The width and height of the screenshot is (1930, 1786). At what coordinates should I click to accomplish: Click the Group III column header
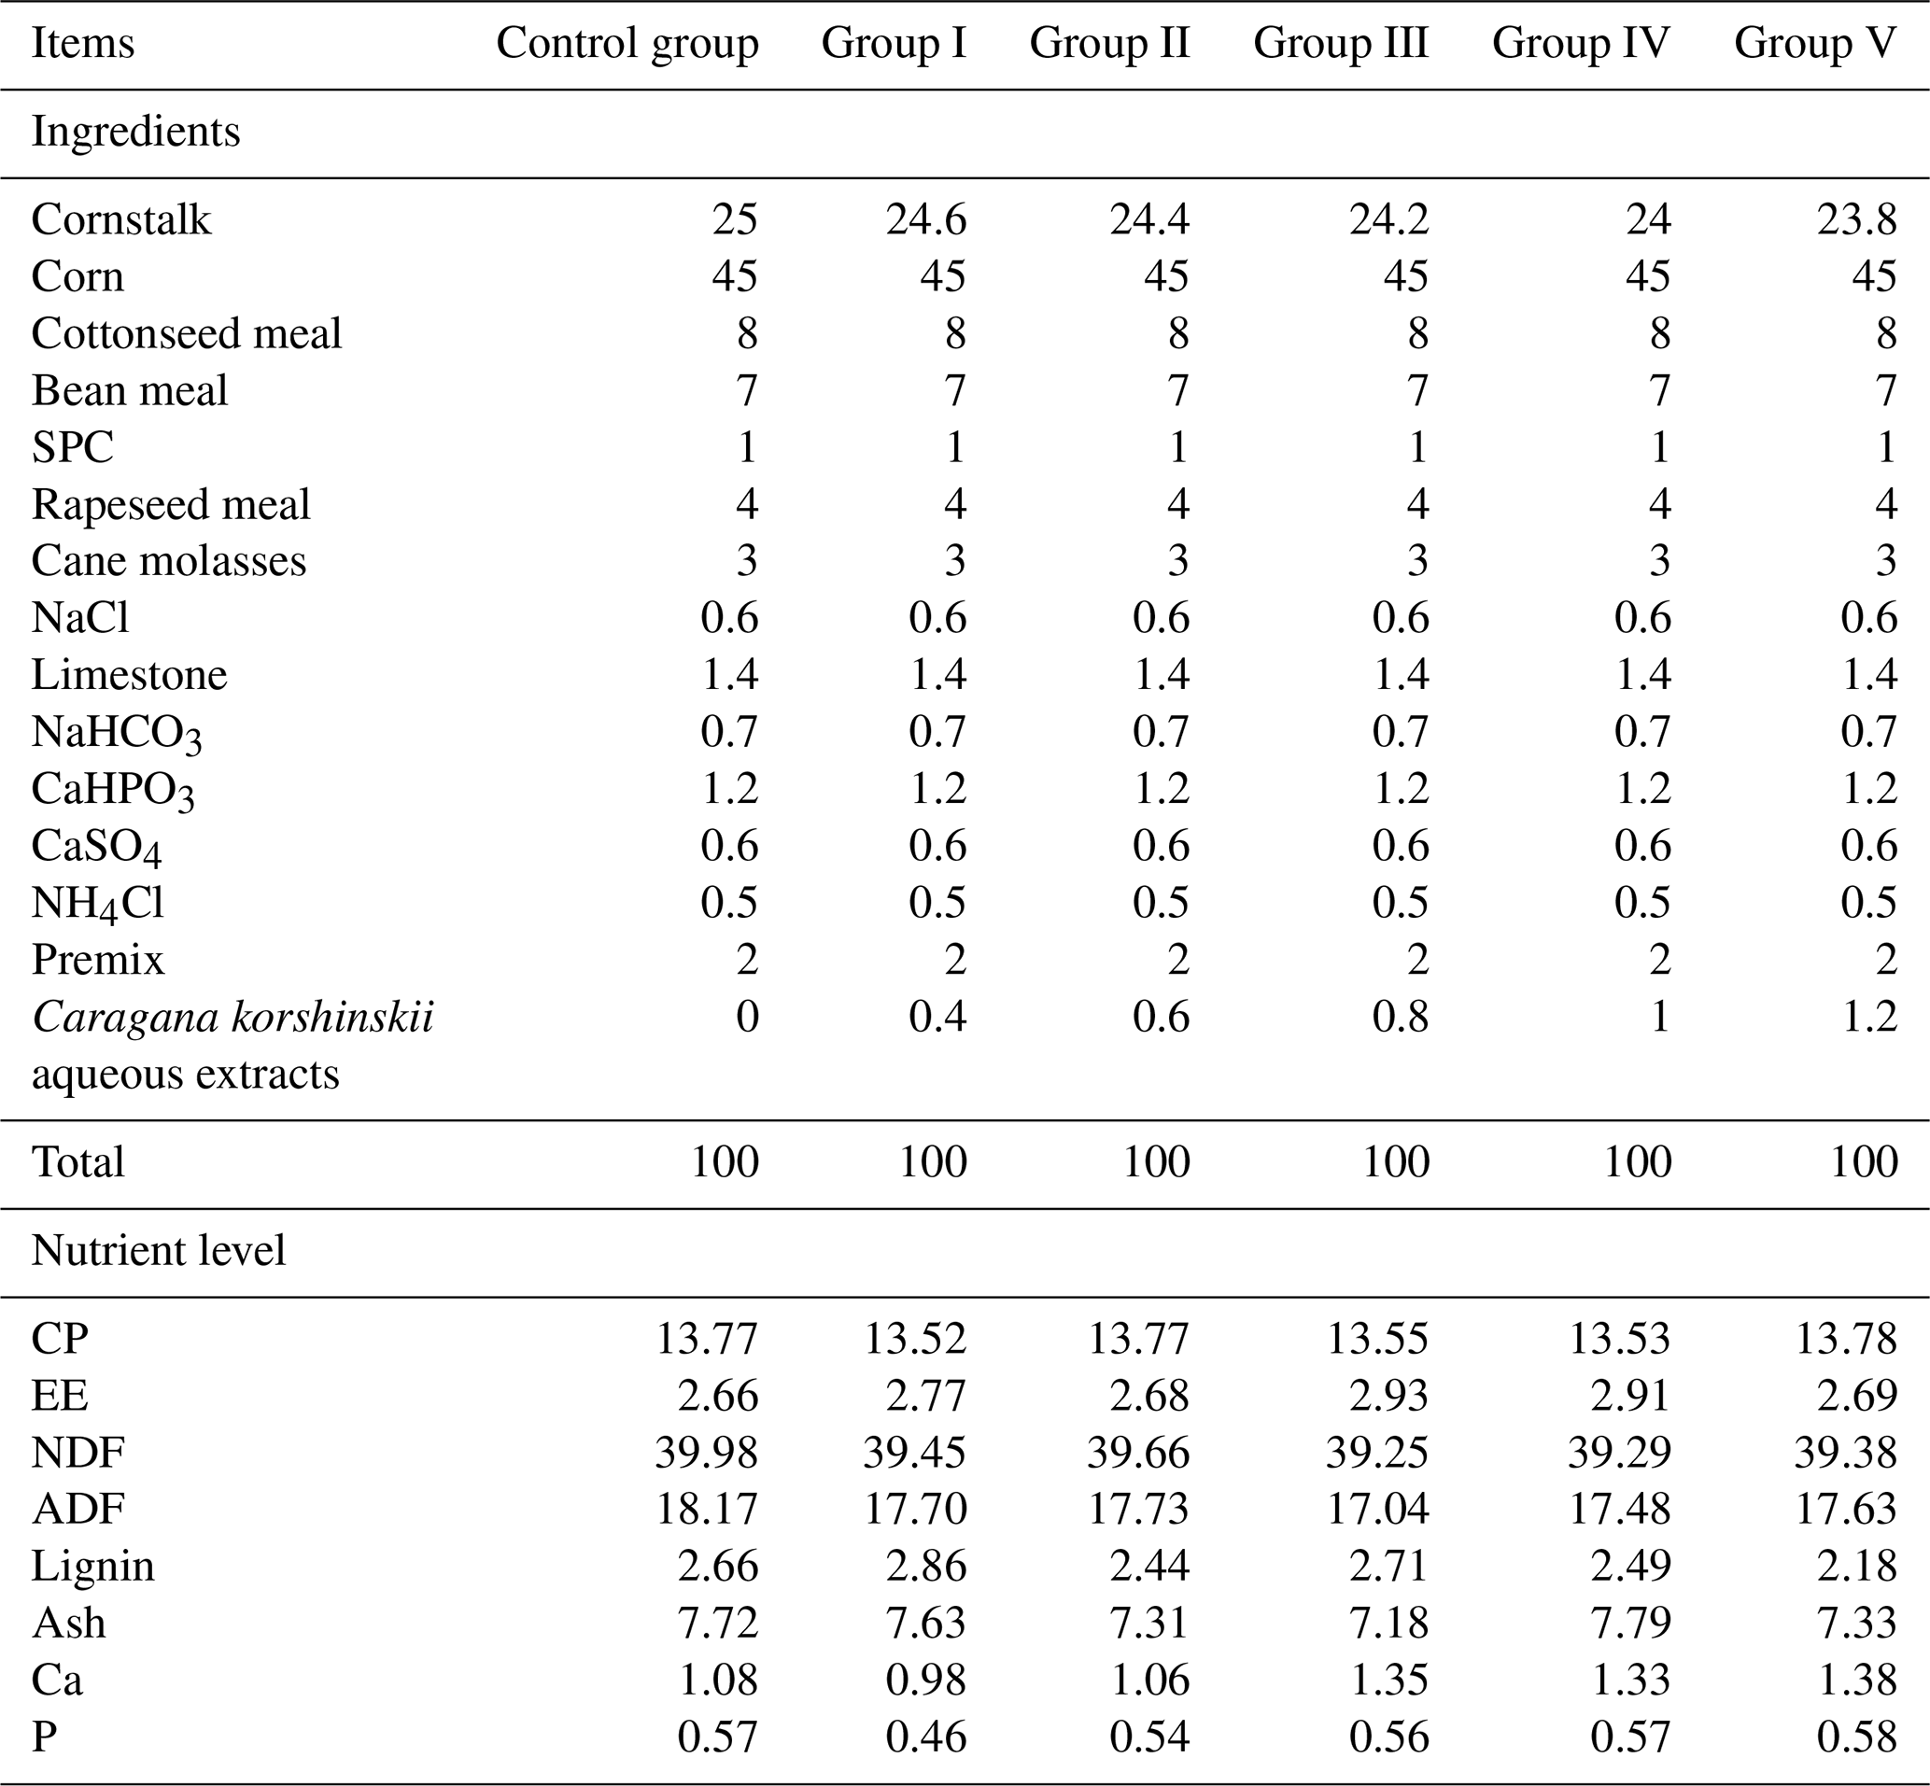[x=1341, y=44]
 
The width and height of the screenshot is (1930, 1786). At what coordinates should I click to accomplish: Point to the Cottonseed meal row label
[x=187, y=333]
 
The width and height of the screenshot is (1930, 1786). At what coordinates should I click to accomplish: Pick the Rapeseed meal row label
[x=171, y=504]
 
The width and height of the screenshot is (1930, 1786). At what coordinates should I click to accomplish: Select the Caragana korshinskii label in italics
[x=232, y=1018]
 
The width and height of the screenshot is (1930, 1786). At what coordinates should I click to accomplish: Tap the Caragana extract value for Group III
[x=1401, y=1017]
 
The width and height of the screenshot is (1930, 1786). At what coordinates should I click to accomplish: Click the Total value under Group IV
[x=1637, y=1161]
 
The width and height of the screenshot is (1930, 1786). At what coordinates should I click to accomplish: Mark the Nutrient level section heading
[x=159, y=1251]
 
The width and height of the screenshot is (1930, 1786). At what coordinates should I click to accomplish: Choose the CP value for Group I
[x=915, y=1339]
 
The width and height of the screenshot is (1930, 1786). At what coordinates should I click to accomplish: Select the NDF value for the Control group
[x=707, y=1453]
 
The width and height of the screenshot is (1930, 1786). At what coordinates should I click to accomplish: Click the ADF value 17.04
[x=1377, y=1510]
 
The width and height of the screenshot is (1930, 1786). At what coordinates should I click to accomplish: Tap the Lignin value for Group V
[x=1856, y=1567]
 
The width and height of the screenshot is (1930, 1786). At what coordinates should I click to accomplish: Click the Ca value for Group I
[x=926, y=1681]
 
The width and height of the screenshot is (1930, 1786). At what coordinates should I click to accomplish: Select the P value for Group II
[x=1149, y=1737]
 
